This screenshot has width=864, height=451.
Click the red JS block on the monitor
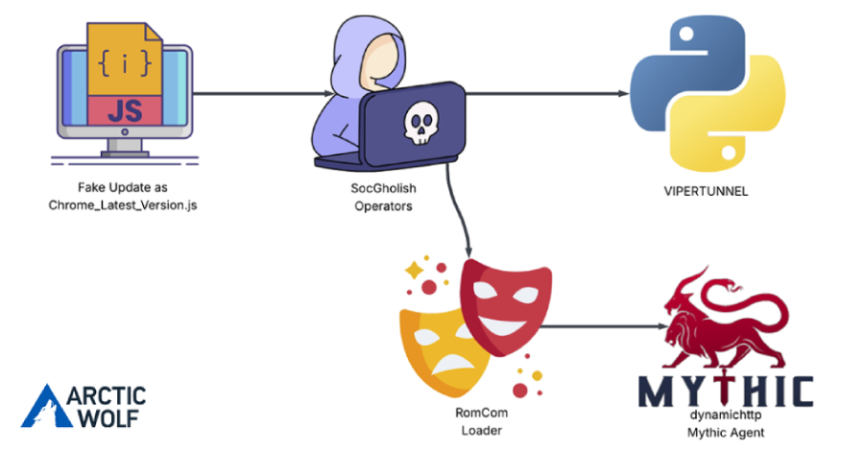point(123,111)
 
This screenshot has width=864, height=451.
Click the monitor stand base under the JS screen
point(124,151)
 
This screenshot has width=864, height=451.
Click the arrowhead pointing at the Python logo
point(623,94)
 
